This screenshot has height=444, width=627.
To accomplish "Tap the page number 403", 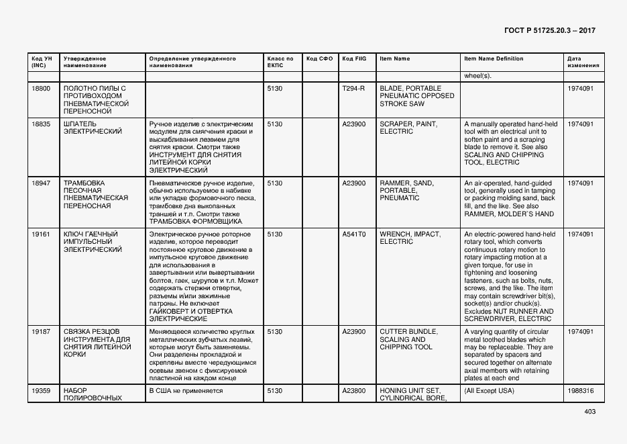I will (589, 412).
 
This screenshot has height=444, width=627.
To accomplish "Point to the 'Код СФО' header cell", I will (319, 59).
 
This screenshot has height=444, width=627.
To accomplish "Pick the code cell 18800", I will (41, 89).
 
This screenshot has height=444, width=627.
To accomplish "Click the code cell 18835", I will (41, 124).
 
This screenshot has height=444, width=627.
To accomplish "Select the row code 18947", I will (41, 183).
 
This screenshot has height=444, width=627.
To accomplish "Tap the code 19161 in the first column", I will (41, 234).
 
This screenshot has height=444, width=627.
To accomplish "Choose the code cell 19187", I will (41, 332).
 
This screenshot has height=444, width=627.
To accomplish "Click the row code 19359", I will (41, 390).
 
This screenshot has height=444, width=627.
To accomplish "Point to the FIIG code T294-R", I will (353, 89).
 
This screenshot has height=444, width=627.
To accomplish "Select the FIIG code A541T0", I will (353, 234).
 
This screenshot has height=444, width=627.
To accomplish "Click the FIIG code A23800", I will (353, 390).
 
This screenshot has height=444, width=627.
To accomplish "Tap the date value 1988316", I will (580, 390).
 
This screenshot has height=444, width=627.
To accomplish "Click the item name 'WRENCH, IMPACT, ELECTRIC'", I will (410, 238).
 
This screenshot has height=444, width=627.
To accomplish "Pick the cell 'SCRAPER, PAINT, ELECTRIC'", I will (408, 128).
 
